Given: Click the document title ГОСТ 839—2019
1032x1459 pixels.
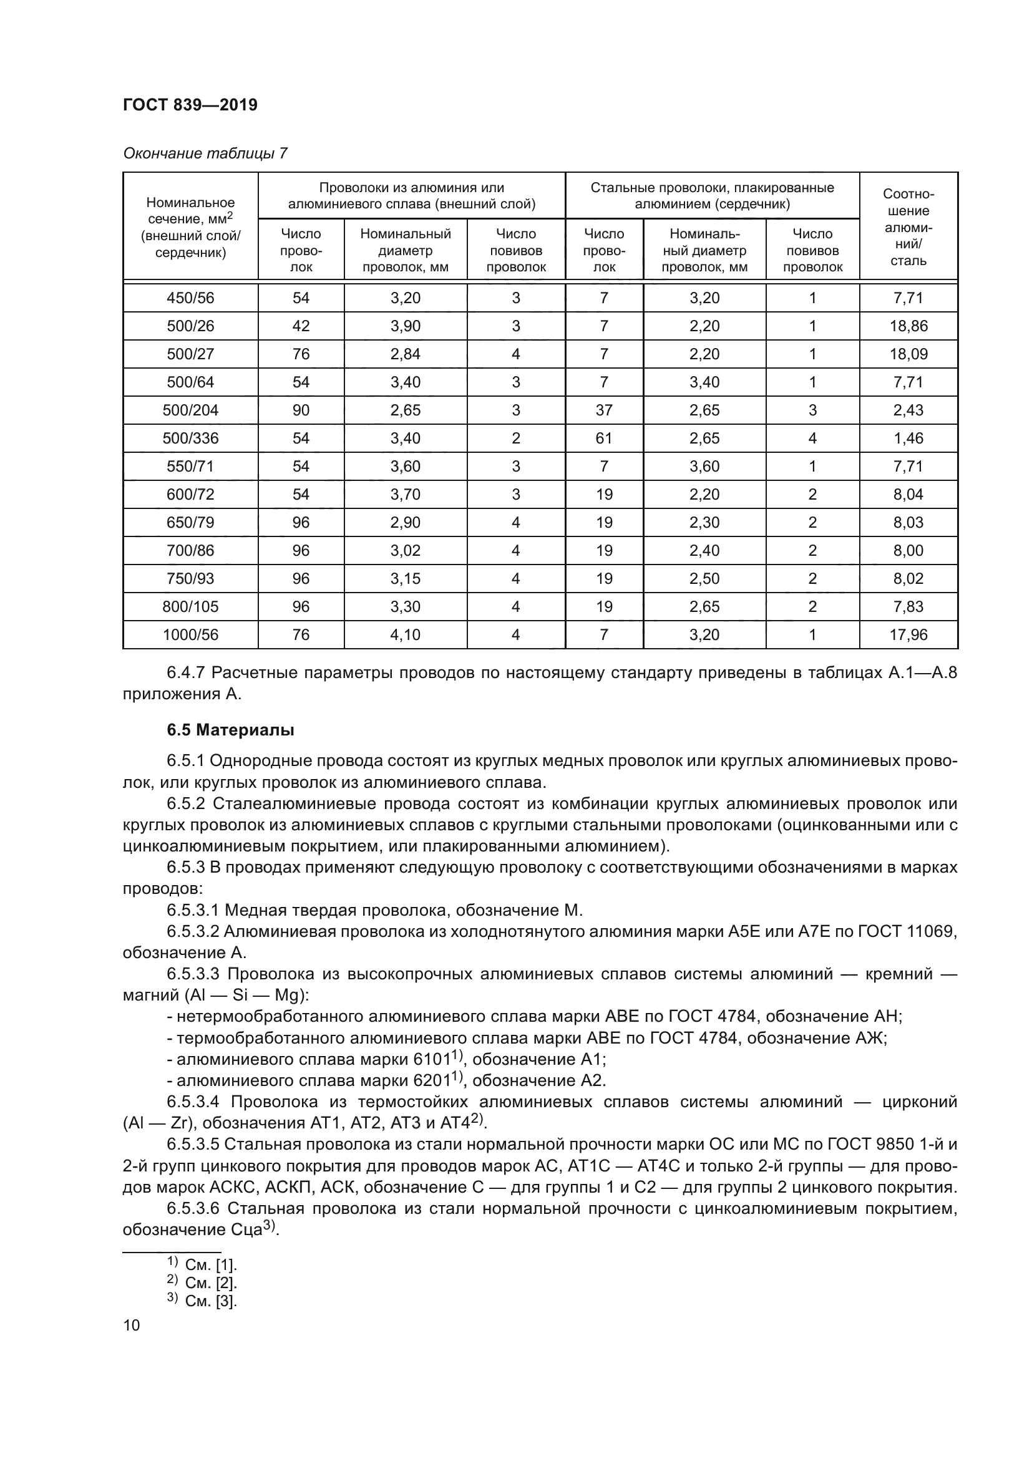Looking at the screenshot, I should coord(190,105).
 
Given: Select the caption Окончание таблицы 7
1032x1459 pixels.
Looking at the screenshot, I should coord(205,153).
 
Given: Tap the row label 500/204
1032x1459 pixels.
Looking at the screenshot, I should coord(190,410).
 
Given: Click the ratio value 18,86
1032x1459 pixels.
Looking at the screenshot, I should coord(908,326).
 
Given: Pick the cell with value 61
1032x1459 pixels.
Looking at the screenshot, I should coord(604,438).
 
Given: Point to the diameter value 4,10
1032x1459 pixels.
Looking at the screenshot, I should coord(405,634).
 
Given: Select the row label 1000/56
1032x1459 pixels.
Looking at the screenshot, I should coord(190,634).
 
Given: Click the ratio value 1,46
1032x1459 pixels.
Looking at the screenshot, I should coord(908,438).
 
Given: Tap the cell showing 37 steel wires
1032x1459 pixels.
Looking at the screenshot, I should coord(604,410).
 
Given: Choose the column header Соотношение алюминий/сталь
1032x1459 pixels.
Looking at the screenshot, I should coord(908,227).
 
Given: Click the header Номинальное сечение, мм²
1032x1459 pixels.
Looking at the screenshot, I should coord(190,227).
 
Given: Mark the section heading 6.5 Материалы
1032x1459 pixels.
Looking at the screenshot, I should coord(231,730).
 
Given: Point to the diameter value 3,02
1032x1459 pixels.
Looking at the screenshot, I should coord(405,550).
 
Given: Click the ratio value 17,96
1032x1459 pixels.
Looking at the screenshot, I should coord(908,634).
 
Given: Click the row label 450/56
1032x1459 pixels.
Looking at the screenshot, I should coord(190,298).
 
